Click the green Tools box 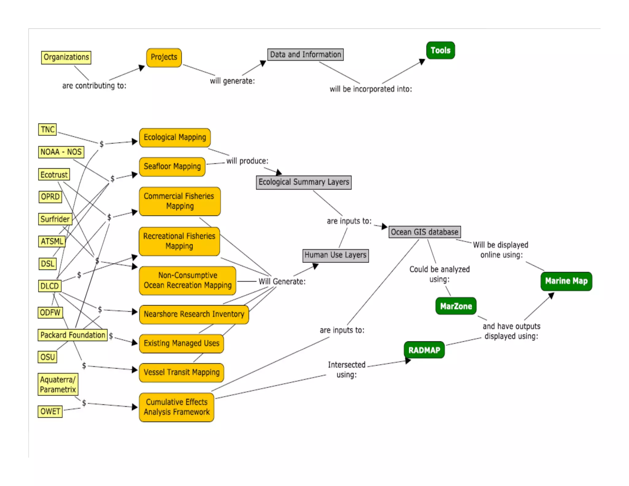click(x=440, y=50)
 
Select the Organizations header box click(x=66, y=57)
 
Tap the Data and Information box click(x=305, y=55)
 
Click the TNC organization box click(x=48, y=129)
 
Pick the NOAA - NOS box click(x=61, y=152)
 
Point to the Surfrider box click(x=55, y=219)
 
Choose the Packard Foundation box click(x=73, y=335)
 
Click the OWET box click(x=50, y=411)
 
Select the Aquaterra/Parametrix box click(x=58, y=384)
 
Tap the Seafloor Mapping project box click(x=172, y=167)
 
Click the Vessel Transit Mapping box click(x=182, y=372)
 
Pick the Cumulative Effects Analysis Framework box click(x=177, y=407)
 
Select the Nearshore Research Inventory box click(x=194, y=314)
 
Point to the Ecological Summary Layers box click(x=304, y=182)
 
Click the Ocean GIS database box click(x=424, y=232)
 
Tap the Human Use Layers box click(x=335, y=255)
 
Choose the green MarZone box click(x=456, y=306)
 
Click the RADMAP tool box click(x=424, y=350)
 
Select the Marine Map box click(x=566, y=281)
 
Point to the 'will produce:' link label click(x=247, y=161)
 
